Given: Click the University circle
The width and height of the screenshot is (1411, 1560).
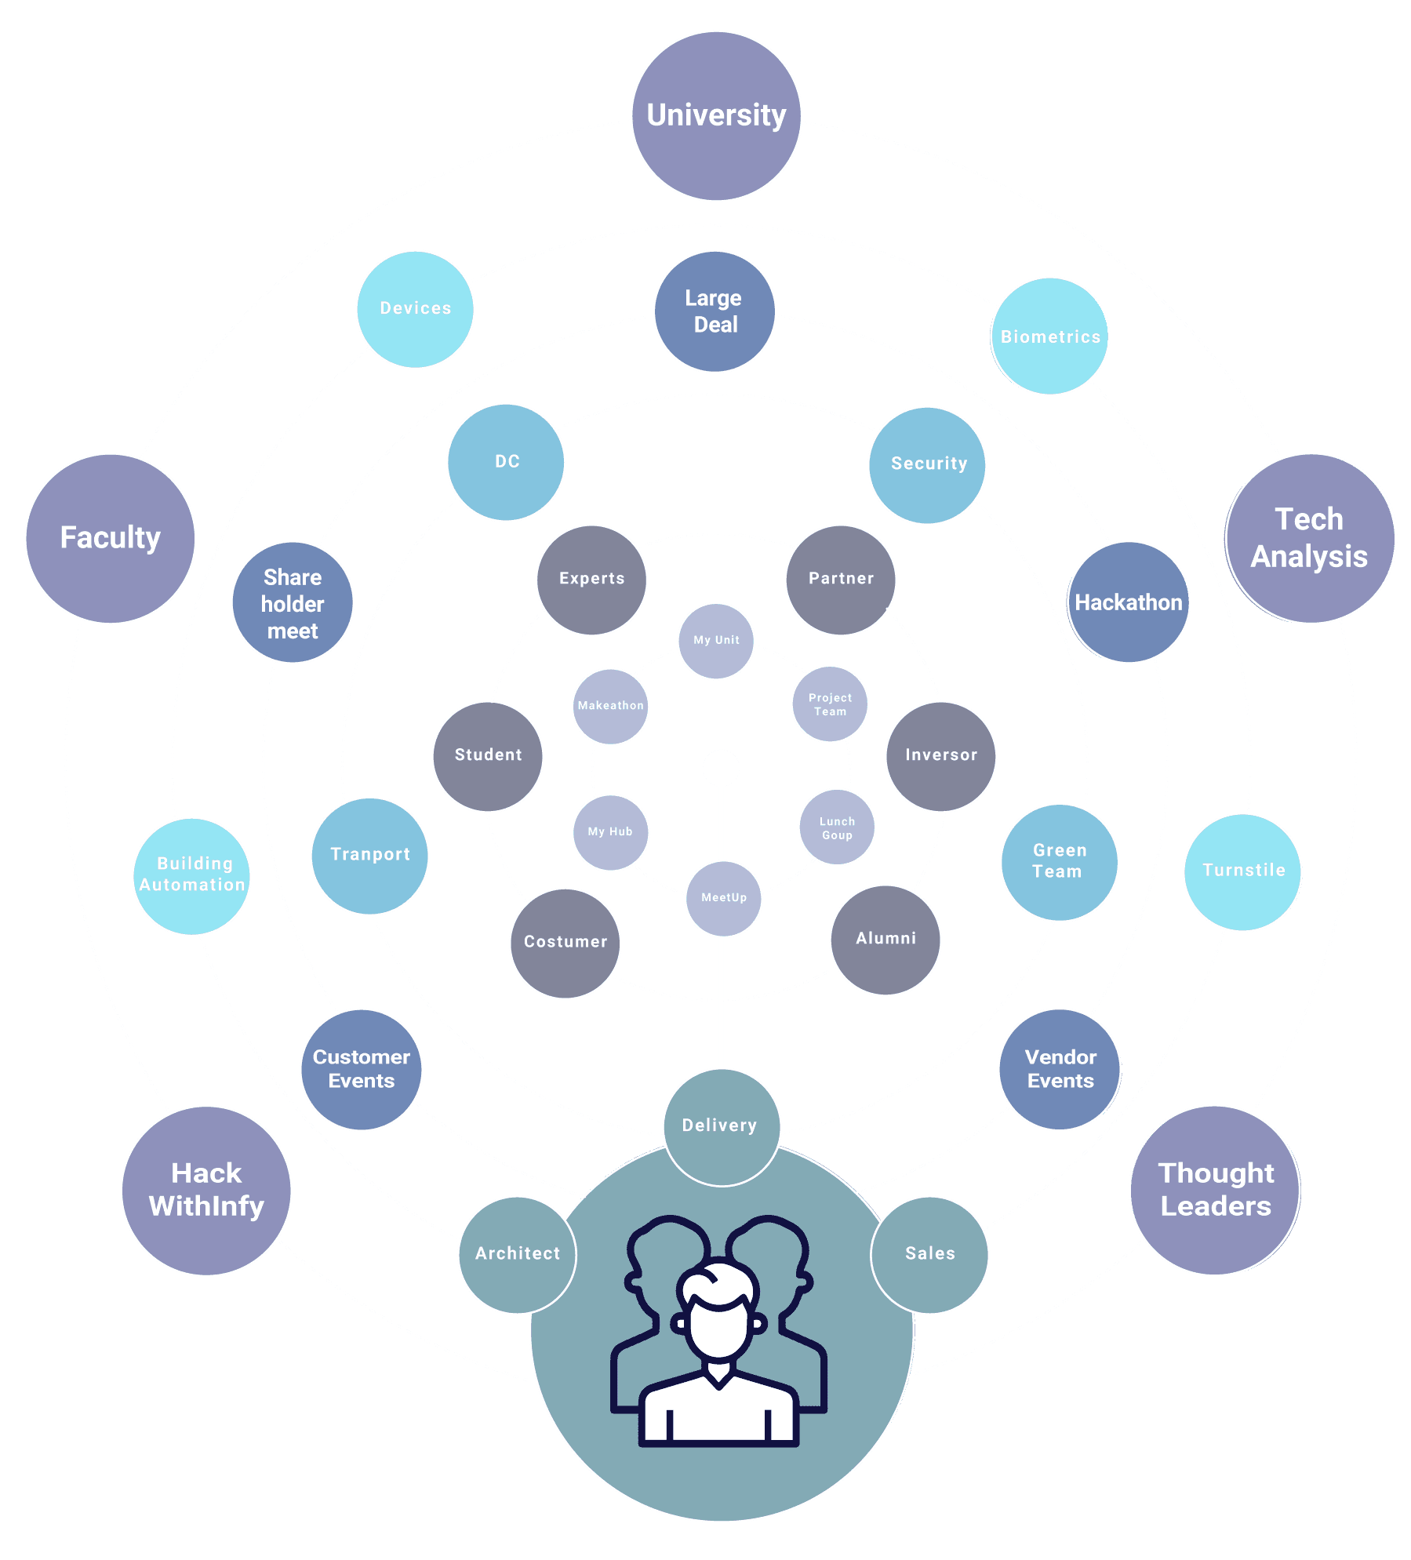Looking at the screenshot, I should point(716,116).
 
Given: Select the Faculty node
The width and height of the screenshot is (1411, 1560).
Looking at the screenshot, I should point(111,539).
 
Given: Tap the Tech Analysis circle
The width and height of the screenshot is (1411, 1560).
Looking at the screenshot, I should point(1310,539).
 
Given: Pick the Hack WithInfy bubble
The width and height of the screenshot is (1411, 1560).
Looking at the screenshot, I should point(206,1190).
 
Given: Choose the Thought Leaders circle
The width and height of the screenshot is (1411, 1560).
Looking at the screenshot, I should point(1214,1190).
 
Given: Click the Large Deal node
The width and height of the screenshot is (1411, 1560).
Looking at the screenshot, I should point(715,311).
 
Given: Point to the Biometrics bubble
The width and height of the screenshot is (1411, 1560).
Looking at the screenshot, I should point(1050,336).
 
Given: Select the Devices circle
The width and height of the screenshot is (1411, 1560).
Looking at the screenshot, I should point(416,309).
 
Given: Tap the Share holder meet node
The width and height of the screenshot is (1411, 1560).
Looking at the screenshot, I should point(293,602).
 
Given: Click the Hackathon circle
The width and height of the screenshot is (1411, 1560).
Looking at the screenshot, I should point(1129,602).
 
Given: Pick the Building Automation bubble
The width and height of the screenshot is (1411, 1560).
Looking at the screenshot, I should point(192,876).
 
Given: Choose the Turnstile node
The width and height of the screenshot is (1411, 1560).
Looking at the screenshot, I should point(1242,871).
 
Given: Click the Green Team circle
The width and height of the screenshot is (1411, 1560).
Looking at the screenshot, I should point(1059,862).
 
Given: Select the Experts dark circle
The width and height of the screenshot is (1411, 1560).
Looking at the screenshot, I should point(592,580).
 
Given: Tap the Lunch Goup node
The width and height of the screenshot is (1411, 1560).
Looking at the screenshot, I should point(837,827).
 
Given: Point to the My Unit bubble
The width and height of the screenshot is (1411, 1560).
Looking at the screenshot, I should point(716,641).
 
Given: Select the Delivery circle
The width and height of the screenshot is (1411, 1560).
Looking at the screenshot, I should point(721,1126).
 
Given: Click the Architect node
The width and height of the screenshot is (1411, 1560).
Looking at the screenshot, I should point(518,1254).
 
